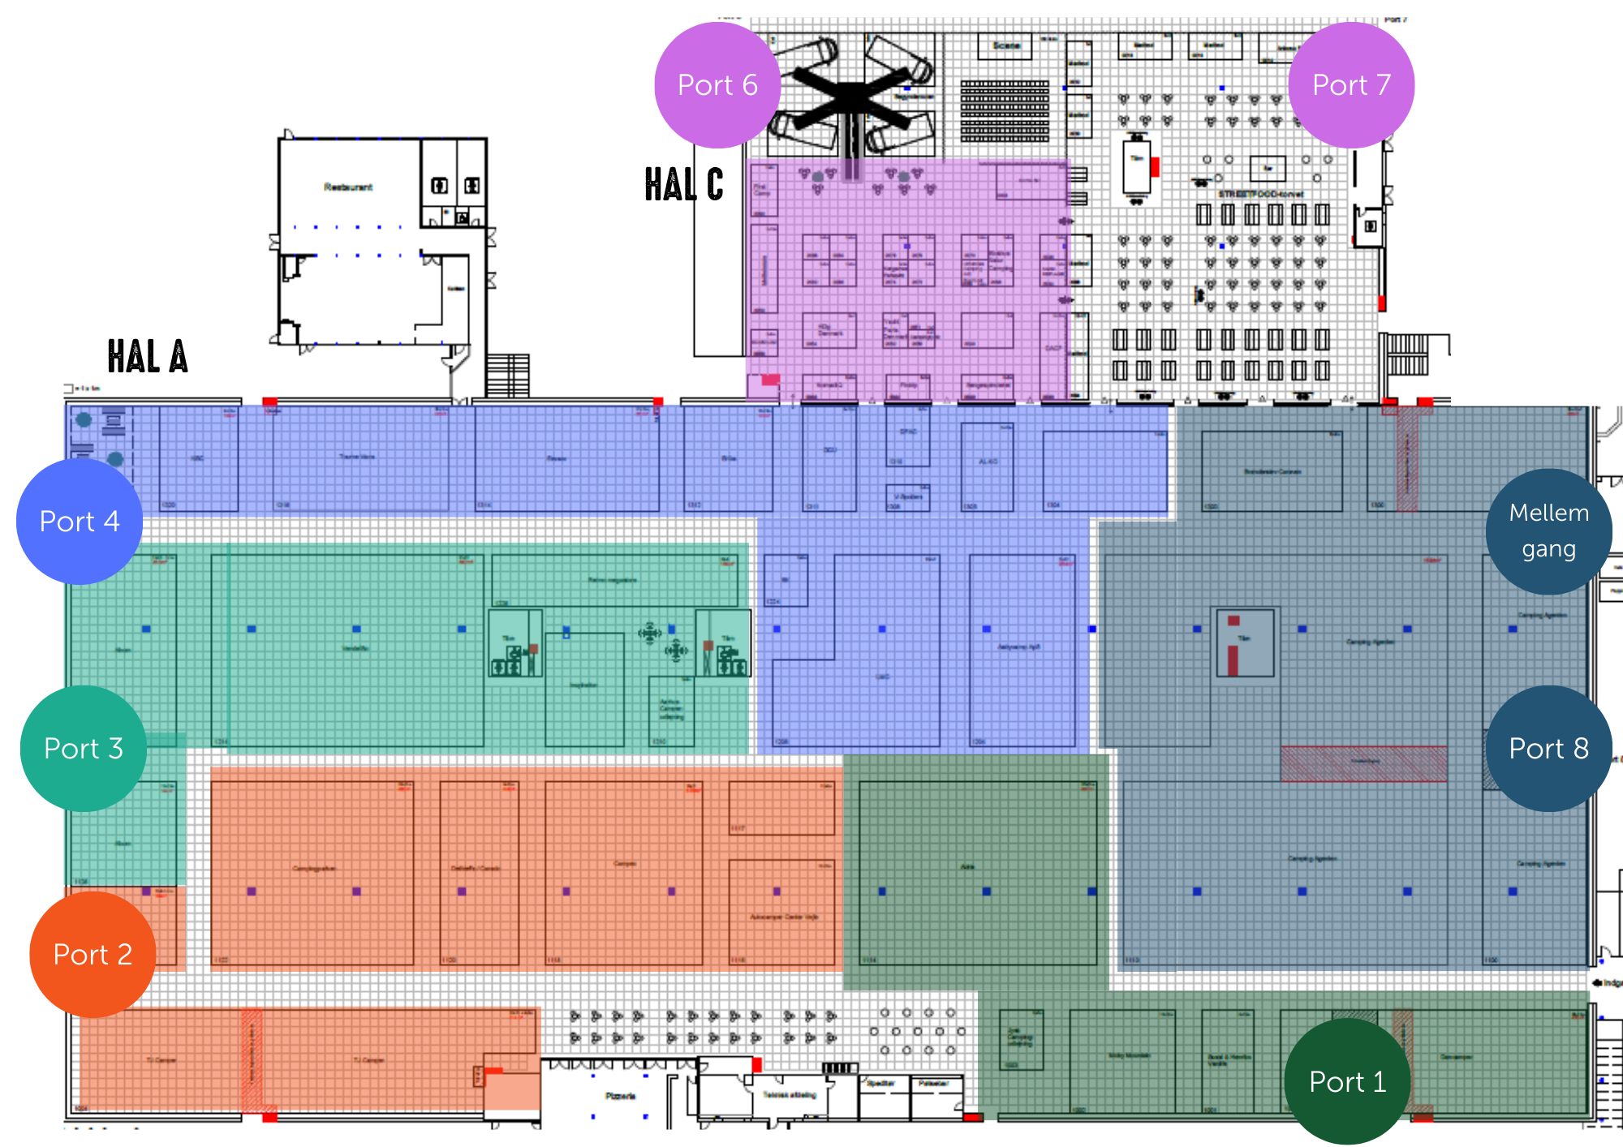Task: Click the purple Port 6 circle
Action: (x=717, y=85)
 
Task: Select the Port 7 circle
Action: (x=1351, y=85)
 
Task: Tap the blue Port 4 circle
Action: (x=80, y=522)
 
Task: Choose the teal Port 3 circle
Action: (x=84, y=748)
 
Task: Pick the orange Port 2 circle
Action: (x=93, y=954)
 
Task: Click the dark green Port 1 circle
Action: (x=1347, y=1081)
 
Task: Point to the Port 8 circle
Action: (x=1548, y=748)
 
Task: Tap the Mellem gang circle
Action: (x=1548, y=531)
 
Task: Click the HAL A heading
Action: (x=148, y=357)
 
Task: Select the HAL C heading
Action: (x=683, y=185)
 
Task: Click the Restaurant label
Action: (x=348, y=187)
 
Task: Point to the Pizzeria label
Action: (x=620, y=1096)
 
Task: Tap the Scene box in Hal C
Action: (x=1005, y=46)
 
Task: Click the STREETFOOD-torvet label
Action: (x=1260, y=194)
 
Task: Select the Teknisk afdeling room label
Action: (x=789, y=1095)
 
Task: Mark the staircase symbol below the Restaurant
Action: (x=508, y=375)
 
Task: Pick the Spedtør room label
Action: (x=881, y=1083)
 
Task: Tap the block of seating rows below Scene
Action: (x=1005, y=110)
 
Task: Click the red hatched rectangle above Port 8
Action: (x=1363, y=763)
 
